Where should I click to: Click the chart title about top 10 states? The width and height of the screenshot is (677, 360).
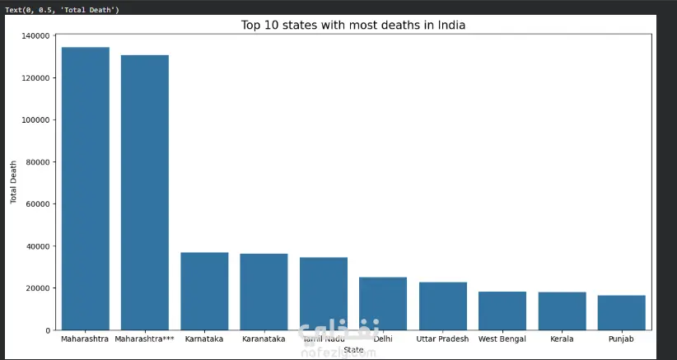coord(353,25)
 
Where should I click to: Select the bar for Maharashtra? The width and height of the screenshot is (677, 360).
coord(86,189)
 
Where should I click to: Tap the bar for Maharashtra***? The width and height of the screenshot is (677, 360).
coord(145,193)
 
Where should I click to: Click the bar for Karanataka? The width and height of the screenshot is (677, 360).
coord(264,292)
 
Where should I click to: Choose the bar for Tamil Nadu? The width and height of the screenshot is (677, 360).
coord(324,293)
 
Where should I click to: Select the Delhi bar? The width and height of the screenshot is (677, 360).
coord(383,303)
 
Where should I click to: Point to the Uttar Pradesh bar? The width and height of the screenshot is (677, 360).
coord(443,306)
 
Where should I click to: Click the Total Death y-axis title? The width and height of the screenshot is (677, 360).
coord(13,183)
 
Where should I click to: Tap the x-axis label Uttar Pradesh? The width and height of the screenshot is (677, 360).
coord(443,339)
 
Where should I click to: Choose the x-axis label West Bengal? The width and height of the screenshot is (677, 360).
coord(502,339)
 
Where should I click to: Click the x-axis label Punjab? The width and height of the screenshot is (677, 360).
coord(622,339)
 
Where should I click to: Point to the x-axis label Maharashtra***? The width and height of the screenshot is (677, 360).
coord(145,339)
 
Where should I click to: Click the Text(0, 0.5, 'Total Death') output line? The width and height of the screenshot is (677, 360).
coord(62,9)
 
